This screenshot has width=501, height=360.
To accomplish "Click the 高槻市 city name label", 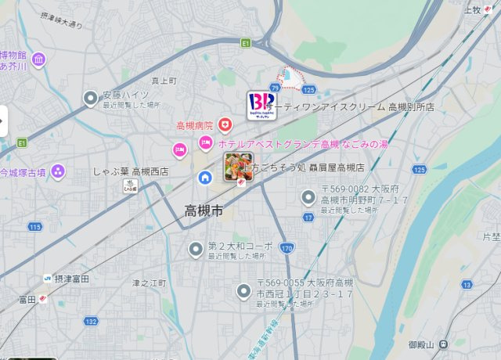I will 203,211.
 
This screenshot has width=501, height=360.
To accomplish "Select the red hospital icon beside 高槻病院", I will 225,125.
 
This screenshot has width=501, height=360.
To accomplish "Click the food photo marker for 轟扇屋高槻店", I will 236,166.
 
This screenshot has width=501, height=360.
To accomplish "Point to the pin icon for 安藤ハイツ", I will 91,98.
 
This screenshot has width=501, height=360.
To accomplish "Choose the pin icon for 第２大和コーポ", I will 196,250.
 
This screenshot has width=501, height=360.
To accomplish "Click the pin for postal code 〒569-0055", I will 243,293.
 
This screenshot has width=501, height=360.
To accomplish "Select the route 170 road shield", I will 287,249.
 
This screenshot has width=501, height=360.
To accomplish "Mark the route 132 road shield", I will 92,321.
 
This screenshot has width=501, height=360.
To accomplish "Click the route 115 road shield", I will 34,227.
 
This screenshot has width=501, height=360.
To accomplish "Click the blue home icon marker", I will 205,177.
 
